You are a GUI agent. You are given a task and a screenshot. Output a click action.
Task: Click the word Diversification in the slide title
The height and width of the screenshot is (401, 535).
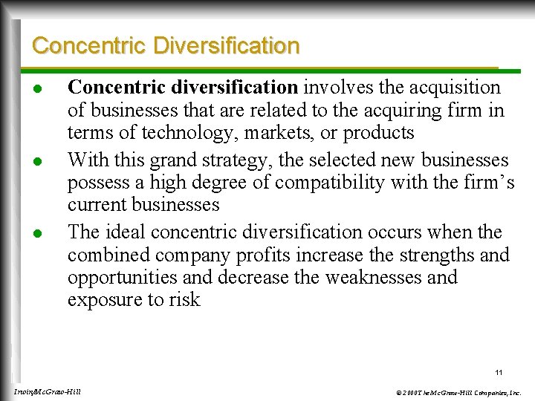click(227, 46)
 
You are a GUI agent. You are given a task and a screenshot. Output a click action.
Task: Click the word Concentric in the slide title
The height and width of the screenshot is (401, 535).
click(89, 46)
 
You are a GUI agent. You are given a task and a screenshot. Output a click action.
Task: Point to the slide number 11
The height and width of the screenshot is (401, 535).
click(499, 372)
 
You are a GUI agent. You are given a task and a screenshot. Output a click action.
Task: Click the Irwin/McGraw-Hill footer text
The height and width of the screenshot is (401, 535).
click(48, 391)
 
